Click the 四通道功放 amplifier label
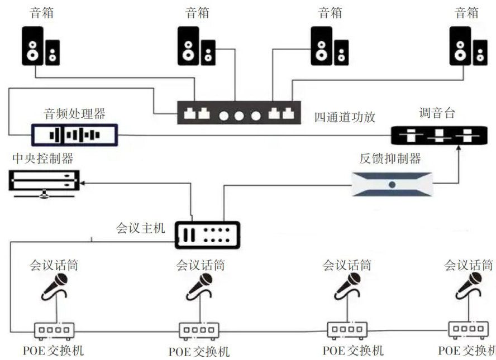(344, 117)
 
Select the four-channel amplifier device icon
(239, 113)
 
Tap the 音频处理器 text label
(74, 114)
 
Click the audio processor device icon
(74, 135)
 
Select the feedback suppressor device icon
(392, 184)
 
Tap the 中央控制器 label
(42, 159)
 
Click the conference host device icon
(208, 235)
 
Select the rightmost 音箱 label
(467, 12)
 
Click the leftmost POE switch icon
(54, 330)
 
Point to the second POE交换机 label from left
(199, 352)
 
